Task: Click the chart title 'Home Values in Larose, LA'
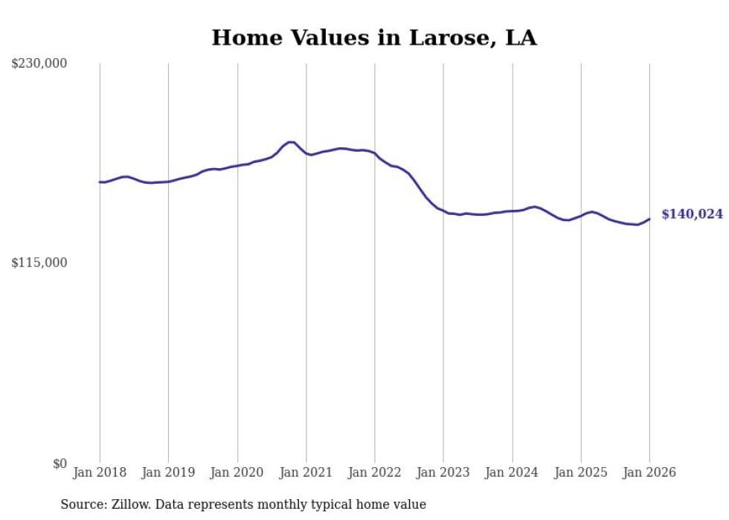374,38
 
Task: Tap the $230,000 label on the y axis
39,64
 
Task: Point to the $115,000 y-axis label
39,263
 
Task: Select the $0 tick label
60,463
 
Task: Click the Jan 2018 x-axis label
100,472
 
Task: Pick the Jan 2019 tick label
168,472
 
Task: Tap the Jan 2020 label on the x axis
237,472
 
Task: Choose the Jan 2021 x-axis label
306,472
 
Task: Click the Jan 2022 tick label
375,472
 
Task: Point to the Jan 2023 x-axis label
443,472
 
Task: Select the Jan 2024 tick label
512,472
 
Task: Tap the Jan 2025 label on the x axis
581,472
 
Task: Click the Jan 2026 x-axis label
649,472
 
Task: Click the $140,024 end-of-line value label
692,214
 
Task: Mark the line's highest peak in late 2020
291,142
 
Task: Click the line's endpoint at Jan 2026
649,219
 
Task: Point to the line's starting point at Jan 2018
100,182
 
